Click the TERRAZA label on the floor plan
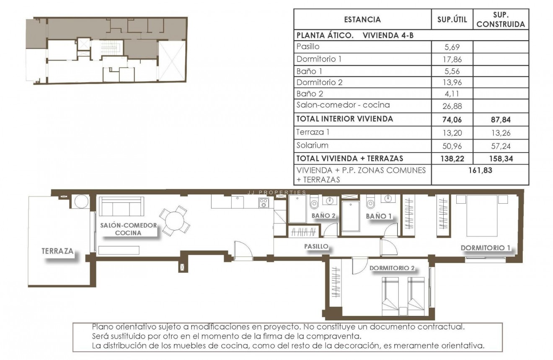point(57,251)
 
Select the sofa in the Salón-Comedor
point(121,207)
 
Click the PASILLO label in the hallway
point(316,247)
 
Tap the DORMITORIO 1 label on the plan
point(485,248)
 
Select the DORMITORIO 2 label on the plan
point(392,268)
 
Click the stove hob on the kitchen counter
point(264,203)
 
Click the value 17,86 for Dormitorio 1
point(452,60)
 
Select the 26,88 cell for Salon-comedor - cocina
point(452,106)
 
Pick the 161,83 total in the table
point(480,171)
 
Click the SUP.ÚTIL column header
point(452,19)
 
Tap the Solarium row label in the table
point(312,145)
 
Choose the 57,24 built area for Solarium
point(500,146)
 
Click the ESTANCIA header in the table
point(362,19)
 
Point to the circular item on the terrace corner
point(80,202)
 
